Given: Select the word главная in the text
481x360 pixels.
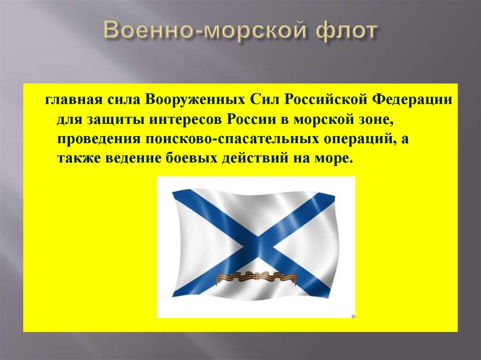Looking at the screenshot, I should click(69, 100).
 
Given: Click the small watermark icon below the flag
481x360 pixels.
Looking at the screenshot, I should click(353, 316).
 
